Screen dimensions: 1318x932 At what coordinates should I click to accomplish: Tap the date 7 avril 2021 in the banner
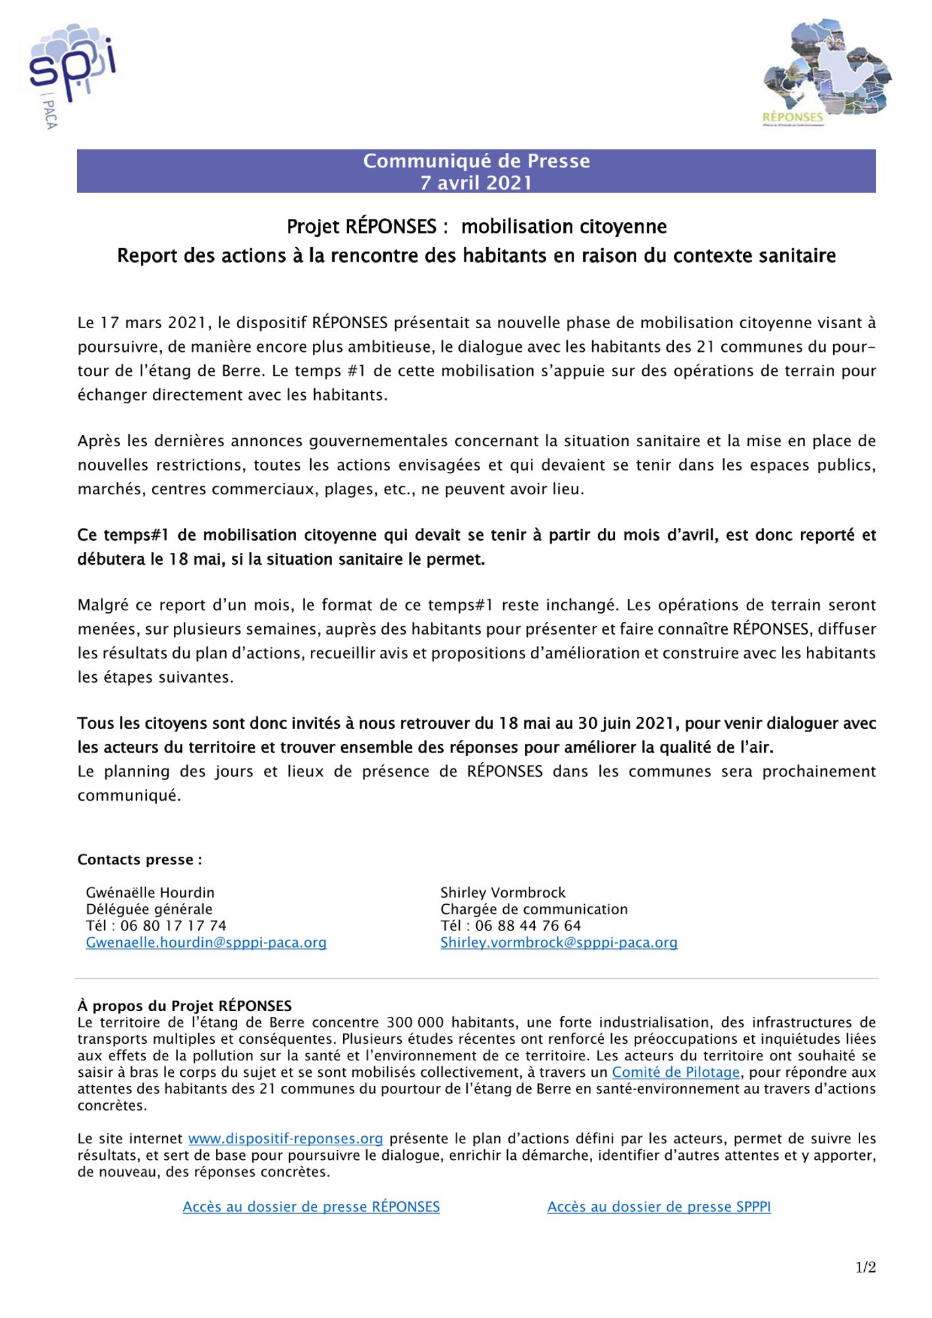476,183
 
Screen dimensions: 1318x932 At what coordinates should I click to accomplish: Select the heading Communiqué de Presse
476,161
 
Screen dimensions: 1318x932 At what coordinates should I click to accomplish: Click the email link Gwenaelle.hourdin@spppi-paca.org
206,942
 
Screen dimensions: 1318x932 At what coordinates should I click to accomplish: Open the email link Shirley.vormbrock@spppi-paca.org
559,942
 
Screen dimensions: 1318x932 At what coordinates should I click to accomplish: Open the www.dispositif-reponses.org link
285,1138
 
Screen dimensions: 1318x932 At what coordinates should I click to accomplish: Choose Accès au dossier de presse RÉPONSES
311,1207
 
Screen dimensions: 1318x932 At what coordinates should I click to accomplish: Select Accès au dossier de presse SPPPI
659,1207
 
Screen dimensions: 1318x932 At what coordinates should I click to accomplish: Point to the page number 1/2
865,1267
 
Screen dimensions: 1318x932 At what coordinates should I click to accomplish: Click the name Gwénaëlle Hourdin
150,892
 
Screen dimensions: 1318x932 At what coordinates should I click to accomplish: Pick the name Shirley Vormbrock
503,892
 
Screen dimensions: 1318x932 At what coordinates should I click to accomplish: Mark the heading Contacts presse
140,859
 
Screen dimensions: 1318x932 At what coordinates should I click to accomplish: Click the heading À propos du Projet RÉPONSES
184,1006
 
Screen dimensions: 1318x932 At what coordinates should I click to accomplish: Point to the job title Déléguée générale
149,909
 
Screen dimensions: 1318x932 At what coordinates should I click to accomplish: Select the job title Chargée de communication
534,909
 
